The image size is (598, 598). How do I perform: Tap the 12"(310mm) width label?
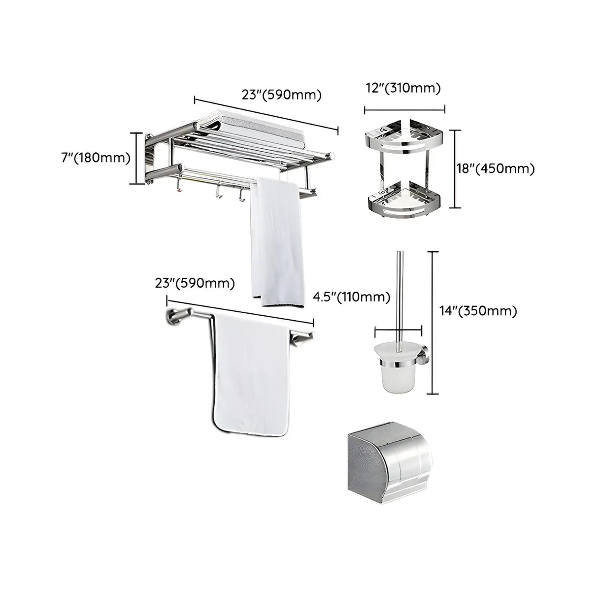403,89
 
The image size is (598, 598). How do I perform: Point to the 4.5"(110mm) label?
352,297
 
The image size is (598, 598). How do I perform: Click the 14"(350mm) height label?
478,311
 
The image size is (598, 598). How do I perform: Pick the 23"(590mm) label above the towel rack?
281,95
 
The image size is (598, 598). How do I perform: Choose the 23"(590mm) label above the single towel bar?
195,284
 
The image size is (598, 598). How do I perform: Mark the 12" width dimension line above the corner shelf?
404,110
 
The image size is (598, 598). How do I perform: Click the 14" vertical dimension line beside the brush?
432,323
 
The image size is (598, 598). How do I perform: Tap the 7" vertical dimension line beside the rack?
137,158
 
